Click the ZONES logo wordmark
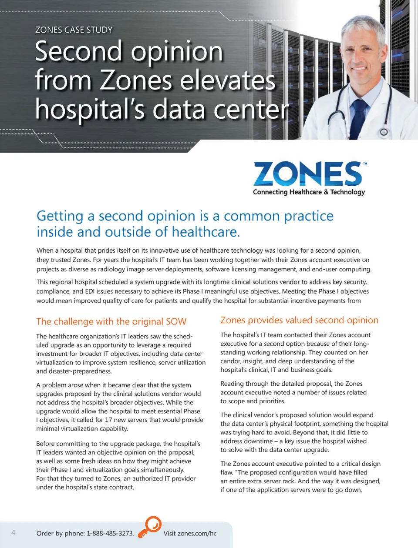pyautogui.click(x=307, y=174)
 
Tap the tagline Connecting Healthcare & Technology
pyautogui.click(x=309, y=192)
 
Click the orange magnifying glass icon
pyautogui.click(x=150, y=527)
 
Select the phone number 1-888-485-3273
pyautogui.click(x=110, y=533)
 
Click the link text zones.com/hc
pyautogui.click(x=197, y=533)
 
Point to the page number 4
pyautogui.click(x=13, y=532)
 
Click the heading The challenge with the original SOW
pyautogui.click(x=111, y=321)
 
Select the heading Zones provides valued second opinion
pyautogui.click(x=299, y=320)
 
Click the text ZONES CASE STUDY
pyautogui.click(x=74, y=30)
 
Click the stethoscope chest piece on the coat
pyautogui.click(x=384, y=132)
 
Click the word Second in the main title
pyautogui.click(x=78, y=51)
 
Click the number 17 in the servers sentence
pyautogui.click(x=108, y=420)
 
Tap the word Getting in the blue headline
pyautogui.click(x=60, y=216)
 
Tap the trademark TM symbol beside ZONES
pyautogui.click(x=365, y=164)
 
